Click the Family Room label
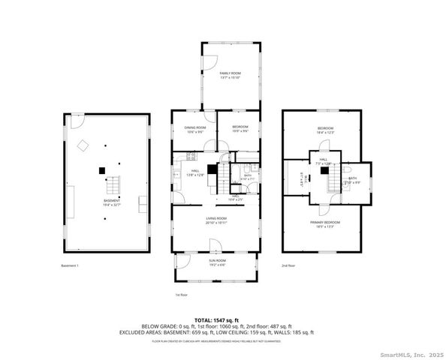(x=230, y=74)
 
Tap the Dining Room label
(x=194, y=129)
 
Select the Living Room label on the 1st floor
(x=216, y=220)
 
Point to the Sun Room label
(x=216, y=262)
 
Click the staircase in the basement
(x=112, y=183)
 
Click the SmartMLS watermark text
(x=406, y=354)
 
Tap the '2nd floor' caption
(x=288, y=265)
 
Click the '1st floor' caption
(x=181, y=295)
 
